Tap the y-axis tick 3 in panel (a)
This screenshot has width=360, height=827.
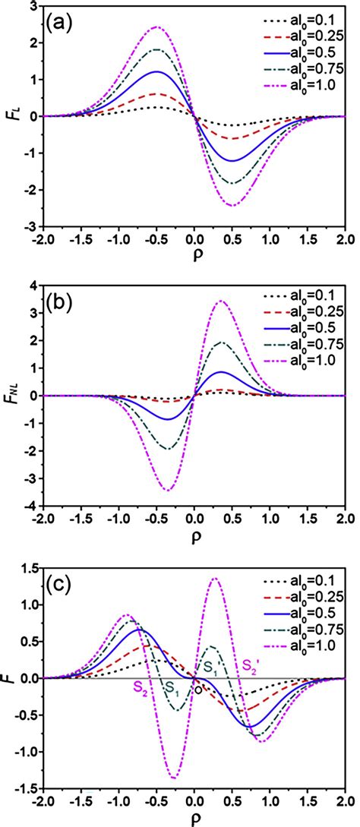33,6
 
